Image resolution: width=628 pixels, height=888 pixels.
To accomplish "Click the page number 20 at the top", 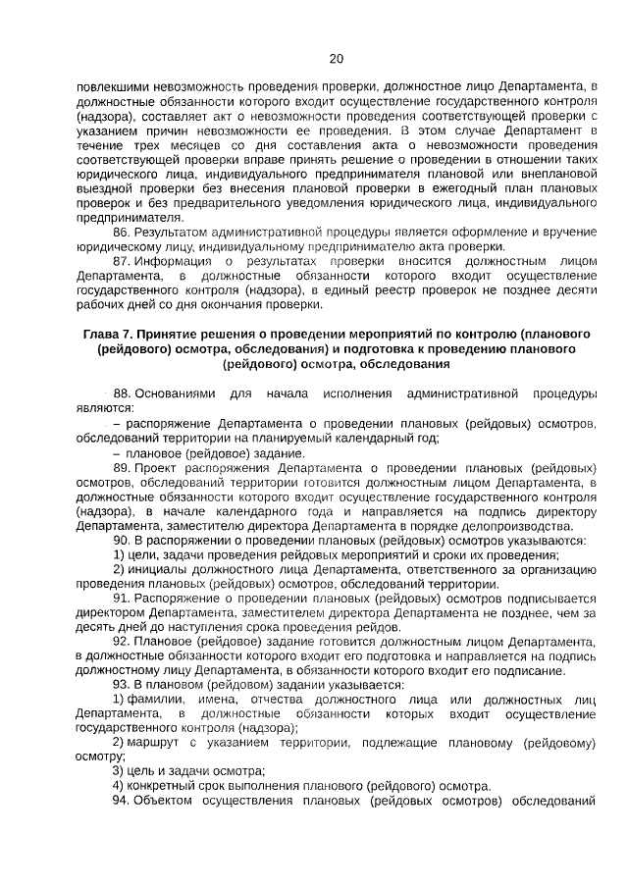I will coord(337,58).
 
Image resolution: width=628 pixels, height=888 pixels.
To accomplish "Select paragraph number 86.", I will coord(121,232).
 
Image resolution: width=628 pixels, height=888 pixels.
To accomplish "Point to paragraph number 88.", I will coord(122,392).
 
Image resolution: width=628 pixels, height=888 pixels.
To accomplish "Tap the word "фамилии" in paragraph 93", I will coord(152,699).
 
